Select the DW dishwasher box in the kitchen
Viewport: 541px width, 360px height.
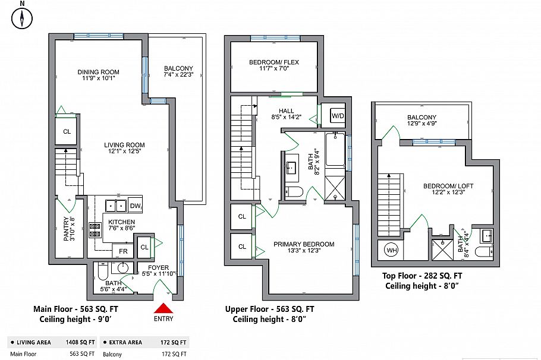(134, 206)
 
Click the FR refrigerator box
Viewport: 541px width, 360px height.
(123, 251)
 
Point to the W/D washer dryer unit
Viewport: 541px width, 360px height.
(338, 115)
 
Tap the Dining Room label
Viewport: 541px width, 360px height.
(99, 73)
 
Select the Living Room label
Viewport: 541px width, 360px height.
(124, 145)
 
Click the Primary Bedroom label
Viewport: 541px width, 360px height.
(304, 244)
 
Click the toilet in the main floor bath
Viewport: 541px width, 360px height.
(102, 274)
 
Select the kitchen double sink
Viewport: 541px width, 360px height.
(115, 206)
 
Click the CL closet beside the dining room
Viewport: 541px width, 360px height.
(67, 131)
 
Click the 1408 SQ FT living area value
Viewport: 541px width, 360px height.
(80, 343)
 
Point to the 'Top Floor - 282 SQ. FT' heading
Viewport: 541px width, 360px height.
(422, 276)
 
